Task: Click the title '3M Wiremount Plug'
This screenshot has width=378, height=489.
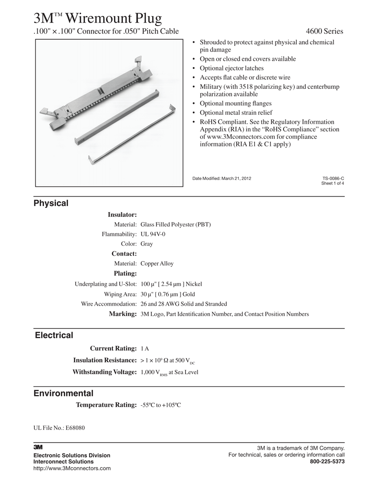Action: (97, 18)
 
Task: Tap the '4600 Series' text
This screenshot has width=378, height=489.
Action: (325, 32)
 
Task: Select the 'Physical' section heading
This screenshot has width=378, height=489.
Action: (51, 204)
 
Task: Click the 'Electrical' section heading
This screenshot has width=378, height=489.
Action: (54, 335)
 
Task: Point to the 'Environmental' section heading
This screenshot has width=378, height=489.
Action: (63, 394)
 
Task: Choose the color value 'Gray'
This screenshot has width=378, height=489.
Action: (147, 244)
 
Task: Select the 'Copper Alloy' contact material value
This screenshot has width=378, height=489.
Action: (157, 264)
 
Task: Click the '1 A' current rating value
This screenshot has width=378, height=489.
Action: (145, 349)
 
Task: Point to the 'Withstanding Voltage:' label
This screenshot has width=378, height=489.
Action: (104, 372)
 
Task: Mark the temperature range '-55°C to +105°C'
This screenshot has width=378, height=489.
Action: (161, 405)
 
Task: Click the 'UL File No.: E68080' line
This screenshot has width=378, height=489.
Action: (59, 428)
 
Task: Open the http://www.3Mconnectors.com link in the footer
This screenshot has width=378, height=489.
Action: (72, 468)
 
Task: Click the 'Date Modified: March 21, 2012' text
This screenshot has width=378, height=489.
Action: (222, 178)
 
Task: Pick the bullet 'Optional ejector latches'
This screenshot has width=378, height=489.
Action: (232, 69)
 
